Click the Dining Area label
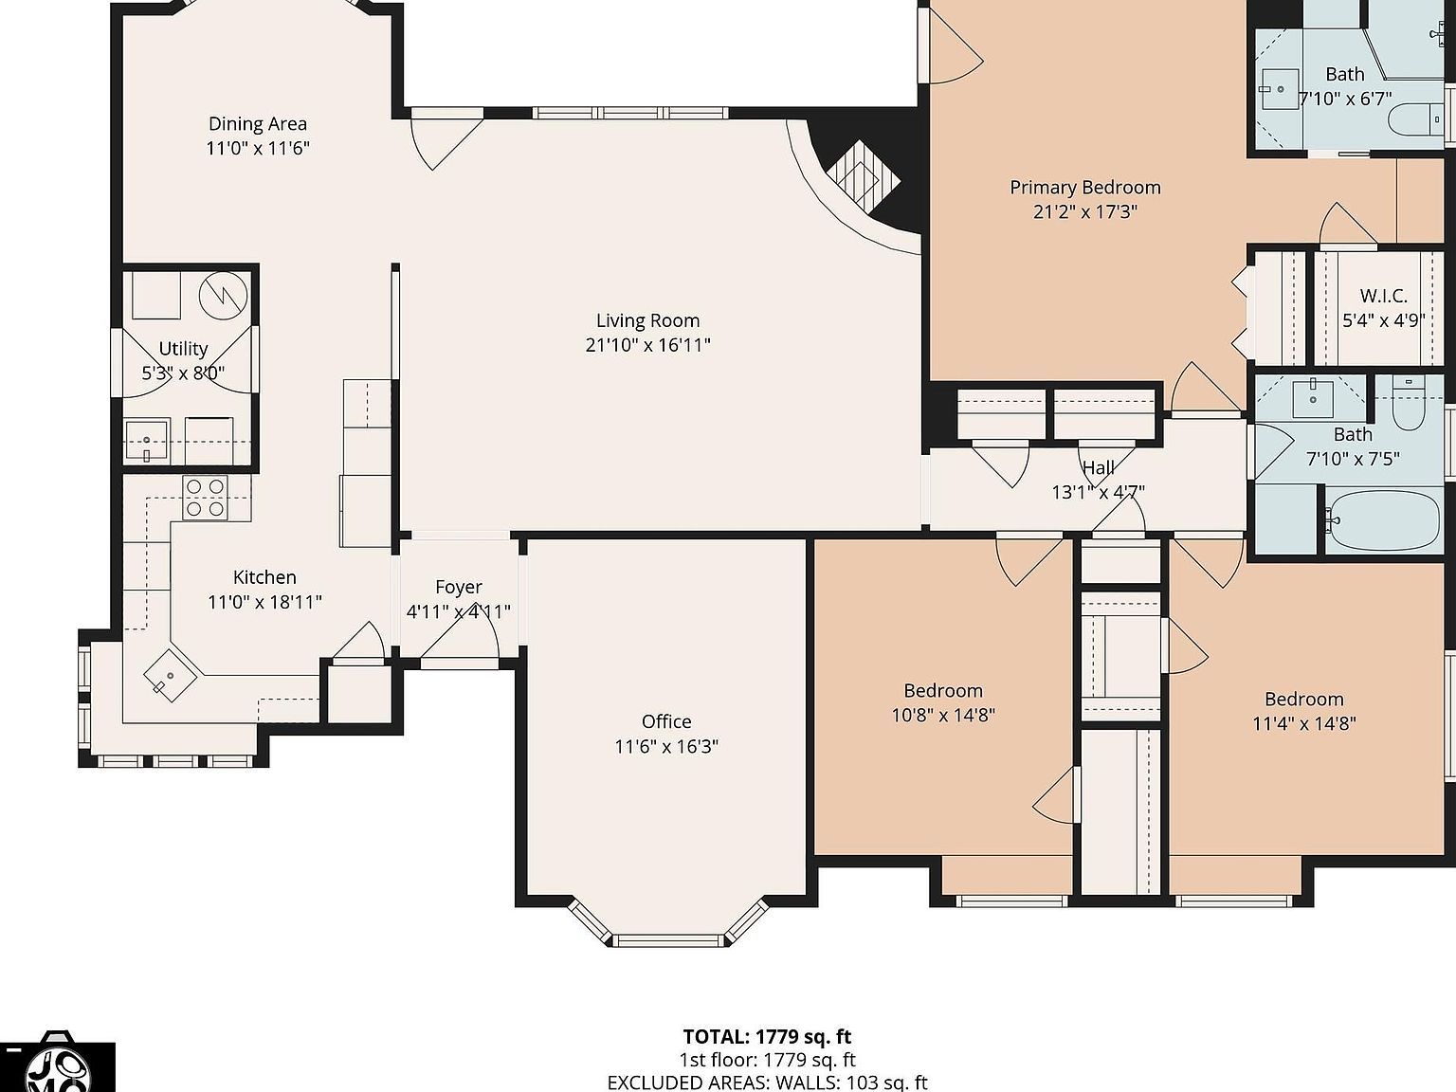[258, 123]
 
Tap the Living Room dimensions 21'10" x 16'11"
[647, 345]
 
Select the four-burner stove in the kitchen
[206, 498]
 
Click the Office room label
[666, 721]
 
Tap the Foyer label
[459, 587]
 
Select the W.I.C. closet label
[1384, 296]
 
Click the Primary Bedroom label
[1085, 187]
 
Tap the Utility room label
[183, 348]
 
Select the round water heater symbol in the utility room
[223, 296]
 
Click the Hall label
[1099, 467]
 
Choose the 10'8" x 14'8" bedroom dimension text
[943, 715]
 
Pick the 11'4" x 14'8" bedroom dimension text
[1304, 723]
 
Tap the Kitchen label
[264, 577]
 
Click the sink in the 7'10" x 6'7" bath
[1280, 87]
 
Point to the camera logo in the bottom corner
[57, 1065]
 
